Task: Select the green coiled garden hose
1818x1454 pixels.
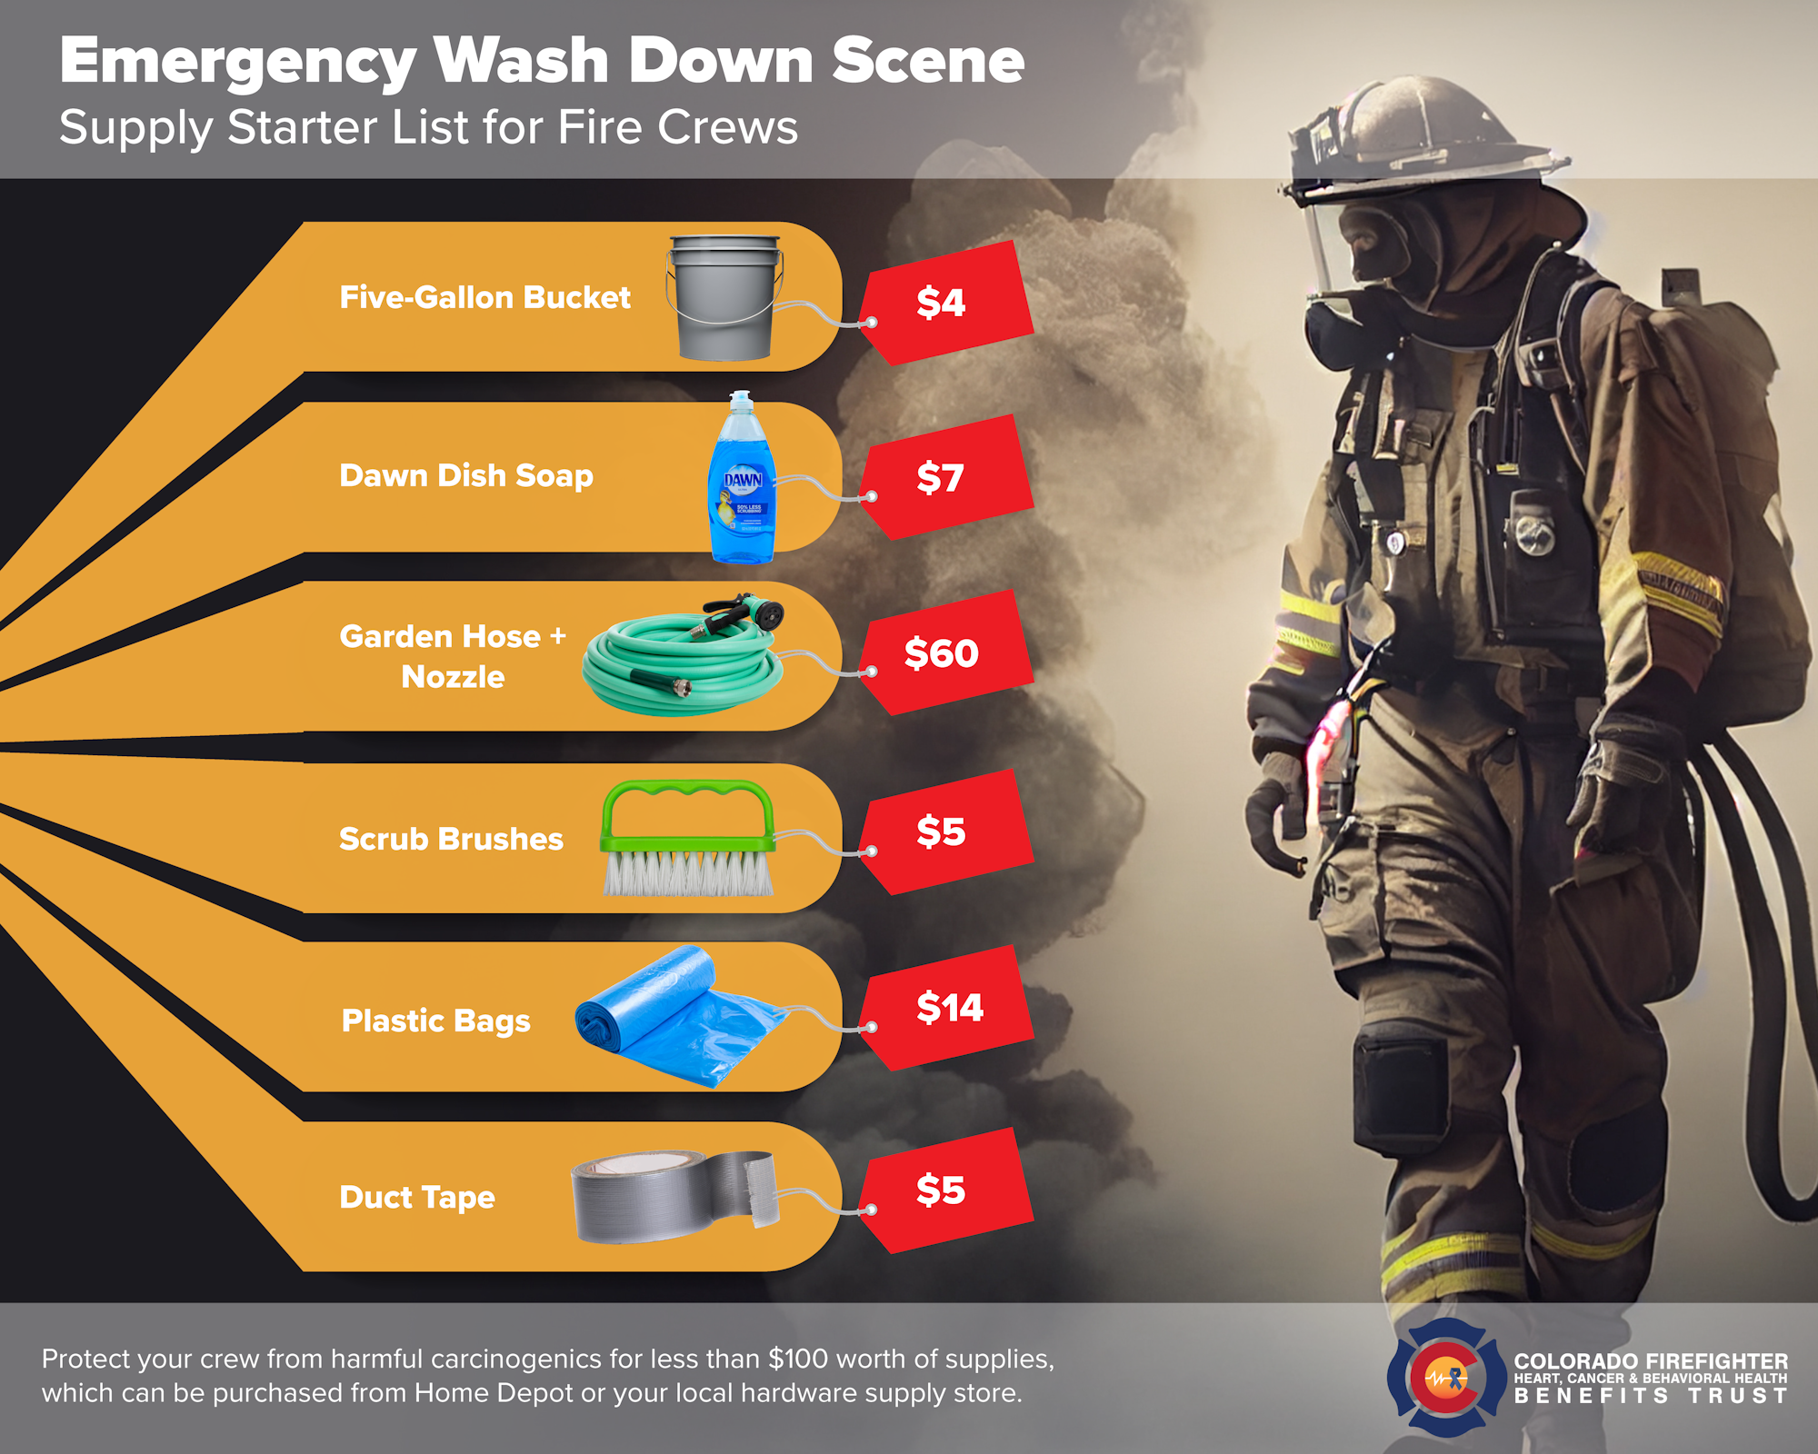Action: coord(682,663)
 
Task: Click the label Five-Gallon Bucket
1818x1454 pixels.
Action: coord(484,297)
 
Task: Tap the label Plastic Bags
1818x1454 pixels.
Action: coord(435,1021)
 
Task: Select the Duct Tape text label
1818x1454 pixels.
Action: coord(417,1197)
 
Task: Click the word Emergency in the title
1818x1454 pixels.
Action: coord(238,62)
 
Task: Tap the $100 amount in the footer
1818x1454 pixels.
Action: coord(798,1359)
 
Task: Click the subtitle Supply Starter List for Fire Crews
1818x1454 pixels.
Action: coord(428,127)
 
